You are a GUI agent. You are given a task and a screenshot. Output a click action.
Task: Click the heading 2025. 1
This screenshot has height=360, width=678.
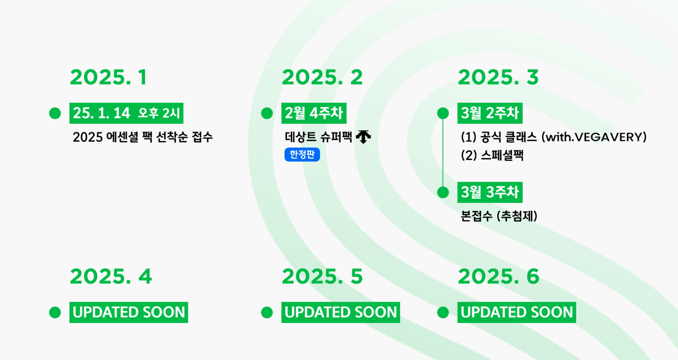(108, 77)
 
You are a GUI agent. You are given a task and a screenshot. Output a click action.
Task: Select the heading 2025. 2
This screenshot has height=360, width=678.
(322, 77)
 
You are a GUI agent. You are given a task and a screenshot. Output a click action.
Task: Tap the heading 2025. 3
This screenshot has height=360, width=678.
(498, 77)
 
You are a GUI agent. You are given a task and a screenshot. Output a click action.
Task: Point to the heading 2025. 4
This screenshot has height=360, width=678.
(111, 276)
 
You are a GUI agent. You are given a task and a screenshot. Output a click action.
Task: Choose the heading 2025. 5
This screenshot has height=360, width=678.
(322, 276)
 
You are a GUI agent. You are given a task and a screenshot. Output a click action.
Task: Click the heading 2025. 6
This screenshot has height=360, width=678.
(499, 276)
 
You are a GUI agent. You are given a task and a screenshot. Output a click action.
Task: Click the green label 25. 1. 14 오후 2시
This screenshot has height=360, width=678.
(126, 113)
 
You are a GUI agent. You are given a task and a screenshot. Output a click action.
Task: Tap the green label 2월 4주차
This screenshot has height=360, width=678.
(314, 113)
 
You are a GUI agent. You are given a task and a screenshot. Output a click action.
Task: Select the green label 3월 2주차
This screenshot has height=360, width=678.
(490, 113)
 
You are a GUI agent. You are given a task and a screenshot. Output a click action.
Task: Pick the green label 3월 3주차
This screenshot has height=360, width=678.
(490, 192)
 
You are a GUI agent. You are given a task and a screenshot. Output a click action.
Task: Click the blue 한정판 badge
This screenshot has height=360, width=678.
(302, 155)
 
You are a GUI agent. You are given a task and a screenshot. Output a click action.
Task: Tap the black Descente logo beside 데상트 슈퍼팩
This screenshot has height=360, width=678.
(363, 137)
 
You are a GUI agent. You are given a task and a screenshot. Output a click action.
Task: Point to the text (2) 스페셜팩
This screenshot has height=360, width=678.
(492, 156)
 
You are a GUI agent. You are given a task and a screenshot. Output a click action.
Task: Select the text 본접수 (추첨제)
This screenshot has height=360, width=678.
(499, 216)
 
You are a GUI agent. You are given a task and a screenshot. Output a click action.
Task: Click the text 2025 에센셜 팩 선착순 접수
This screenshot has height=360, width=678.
(143, 137)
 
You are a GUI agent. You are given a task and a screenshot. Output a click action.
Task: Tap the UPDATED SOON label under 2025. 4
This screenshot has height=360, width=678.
(128, 312)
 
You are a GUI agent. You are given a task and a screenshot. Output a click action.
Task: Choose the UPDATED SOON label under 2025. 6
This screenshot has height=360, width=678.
(517, 312)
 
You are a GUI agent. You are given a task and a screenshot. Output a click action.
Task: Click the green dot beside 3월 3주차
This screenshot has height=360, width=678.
(443, 192)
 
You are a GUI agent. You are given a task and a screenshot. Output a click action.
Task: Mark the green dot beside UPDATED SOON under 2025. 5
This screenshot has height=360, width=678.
(267, 312)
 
